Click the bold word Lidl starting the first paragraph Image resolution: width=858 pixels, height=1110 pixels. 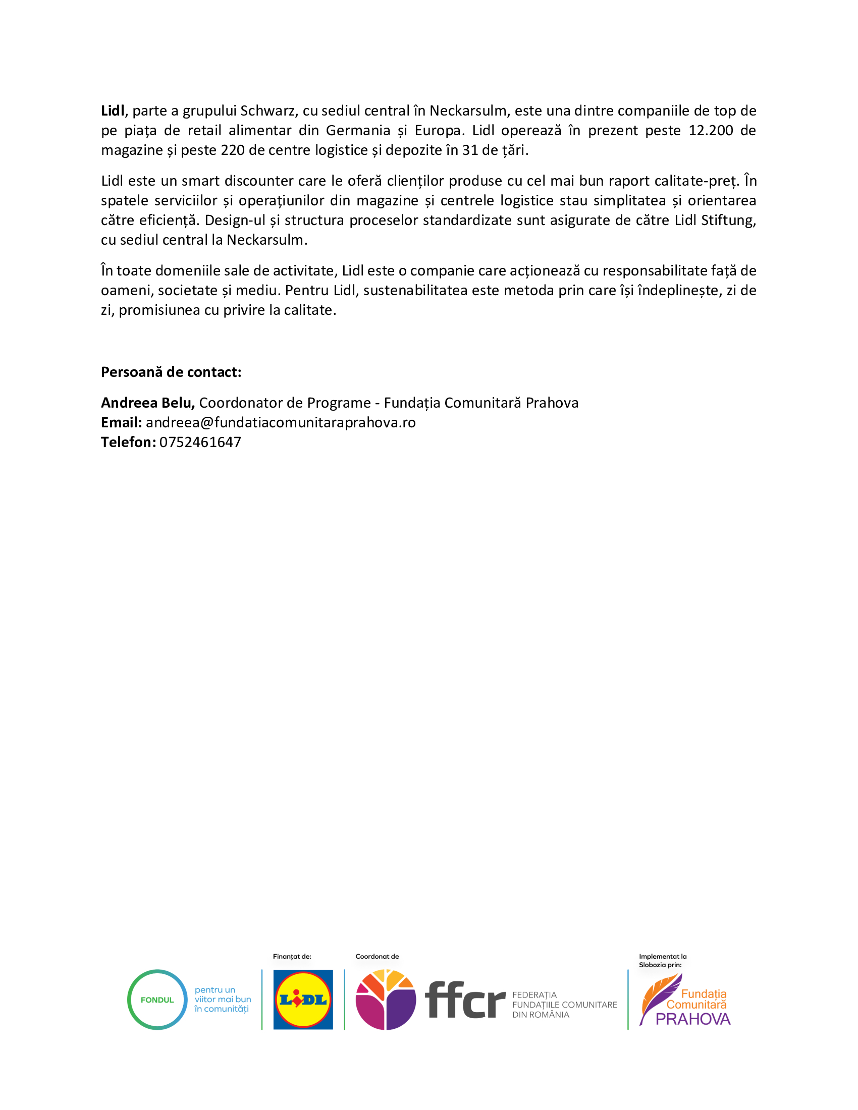(113, 111)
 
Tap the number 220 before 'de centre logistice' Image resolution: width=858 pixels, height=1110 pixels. (233, 150)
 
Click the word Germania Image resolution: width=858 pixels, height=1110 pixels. (358, 131)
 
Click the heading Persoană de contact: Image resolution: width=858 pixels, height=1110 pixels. (171, 372)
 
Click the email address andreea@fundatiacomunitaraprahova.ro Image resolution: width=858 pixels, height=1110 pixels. (281, 422)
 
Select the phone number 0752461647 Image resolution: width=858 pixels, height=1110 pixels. (200, 442)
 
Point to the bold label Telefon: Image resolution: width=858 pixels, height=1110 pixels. (128, 442)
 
